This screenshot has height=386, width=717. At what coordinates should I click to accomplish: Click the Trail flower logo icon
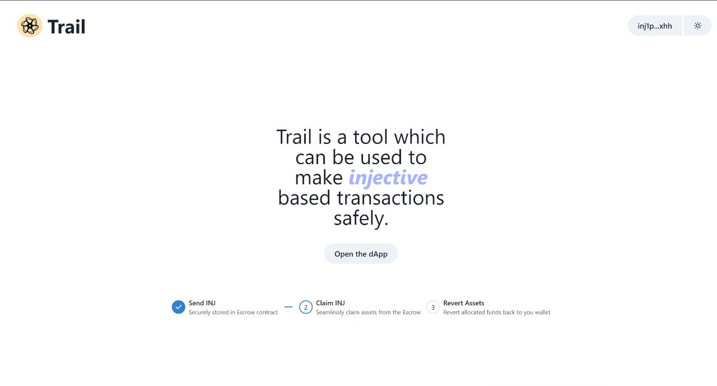click(x=30, y=26)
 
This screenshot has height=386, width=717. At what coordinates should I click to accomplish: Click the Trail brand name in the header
click(x=66, y=26)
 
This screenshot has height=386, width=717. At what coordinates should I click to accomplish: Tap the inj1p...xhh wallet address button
click(x=654, y=26)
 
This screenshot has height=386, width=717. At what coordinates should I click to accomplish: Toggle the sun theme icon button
click(x=697, y=26)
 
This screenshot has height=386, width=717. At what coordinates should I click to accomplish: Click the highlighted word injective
click(x=388, y=178)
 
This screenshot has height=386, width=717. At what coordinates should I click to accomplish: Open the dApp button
click(x=361, y=254)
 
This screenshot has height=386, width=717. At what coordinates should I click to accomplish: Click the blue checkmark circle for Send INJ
click(x=178, y=307)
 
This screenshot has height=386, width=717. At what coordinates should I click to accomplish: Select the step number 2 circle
click(x=305, y=307)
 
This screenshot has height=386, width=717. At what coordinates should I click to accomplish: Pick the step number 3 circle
click(x=432, y=307)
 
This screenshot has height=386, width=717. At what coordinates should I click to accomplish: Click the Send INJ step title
click(x=202, y=303)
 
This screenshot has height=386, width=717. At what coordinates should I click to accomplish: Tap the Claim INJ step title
click(x=330, y=303)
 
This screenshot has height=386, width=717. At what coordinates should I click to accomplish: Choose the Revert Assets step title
click(x=463, y=303)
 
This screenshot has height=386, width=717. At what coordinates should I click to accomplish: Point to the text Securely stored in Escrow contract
click(x=233, y=313)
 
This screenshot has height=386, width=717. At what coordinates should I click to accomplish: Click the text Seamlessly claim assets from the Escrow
click(x=368, y=313)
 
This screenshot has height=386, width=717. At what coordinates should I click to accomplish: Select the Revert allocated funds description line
click(x=496, y=313)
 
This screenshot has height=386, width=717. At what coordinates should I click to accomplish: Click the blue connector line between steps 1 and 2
click(x=288, y=307)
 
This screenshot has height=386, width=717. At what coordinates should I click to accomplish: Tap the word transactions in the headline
click(x=390, y=198)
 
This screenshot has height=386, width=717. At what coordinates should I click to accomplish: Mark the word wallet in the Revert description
click(x=542, y=313)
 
